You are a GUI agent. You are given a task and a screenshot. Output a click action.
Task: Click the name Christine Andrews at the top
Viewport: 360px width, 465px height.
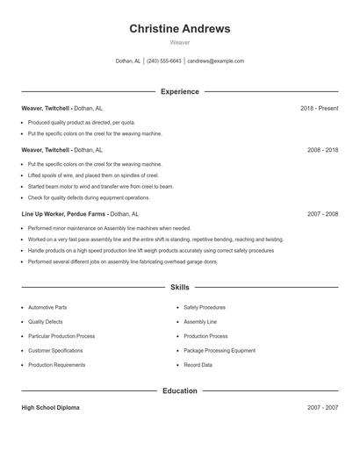(180, 29)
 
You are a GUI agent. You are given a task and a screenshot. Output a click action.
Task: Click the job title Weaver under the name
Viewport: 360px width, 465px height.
(180, 42)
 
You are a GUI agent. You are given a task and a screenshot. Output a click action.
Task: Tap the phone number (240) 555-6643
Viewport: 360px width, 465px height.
(164, 61)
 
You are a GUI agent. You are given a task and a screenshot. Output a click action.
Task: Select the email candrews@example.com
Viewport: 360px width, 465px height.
(215, 61)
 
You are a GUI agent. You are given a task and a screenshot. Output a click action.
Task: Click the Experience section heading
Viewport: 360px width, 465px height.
(180, 91)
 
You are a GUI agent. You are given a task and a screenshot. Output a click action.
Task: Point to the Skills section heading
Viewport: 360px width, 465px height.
(180, 287)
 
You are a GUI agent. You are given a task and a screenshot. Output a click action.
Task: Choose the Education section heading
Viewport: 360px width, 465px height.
(180, 390)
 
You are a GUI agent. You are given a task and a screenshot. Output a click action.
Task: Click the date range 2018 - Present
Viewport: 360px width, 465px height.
(319, 108)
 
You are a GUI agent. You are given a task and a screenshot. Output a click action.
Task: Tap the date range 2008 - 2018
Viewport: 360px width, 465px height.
(322, 150)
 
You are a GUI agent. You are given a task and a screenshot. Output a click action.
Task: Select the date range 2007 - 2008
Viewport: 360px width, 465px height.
(322, 213)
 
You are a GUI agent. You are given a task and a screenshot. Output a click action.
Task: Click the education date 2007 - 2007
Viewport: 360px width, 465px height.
(322, 407)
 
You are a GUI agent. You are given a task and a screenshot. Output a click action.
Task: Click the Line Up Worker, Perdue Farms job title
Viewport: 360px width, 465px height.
(64, 213)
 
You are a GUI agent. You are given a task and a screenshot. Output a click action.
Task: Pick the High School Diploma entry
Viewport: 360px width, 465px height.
(50, 407)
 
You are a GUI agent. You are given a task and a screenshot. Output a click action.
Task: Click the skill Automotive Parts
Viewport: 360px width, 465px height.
(47, 308)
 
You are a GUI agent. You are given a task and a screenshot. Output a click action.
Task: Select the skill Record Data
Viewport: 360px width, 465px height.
(198, 365)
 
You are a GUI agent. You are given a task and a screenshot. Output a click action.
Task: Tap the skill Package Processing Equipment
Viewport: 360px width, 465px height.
(220, 351)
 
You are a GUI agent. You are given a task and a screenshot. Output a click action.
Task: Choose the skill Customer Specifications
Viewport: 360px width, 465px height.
(56, 351)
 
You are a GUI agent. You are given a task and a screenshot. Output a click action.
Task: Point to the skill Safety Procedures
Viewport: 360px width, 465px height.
(205, 308)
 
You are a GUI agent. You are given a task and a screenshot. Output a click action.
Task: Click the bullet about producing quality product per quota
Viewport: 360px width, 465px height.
(82, 122)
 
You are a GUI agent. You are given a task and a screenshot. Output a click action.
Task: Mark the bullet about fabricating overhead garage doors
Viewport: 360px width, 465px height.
(122, 261)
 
